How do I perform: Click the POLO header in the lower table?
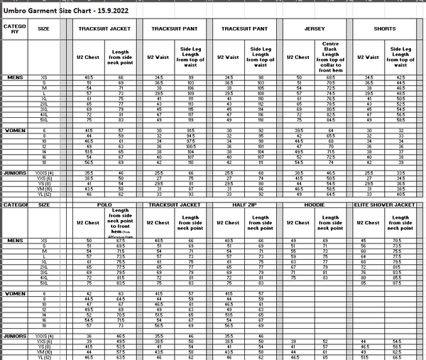point(106,204)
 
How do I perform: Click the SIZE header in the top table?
point(44,29)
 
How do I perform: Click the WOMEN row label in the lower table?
point(15,293)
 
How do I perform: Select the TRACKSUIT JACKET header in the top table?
point(105,29)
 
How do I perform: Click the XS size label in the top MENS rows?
point(45,77)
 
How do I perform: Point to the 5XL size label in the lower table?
point(45,283)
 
